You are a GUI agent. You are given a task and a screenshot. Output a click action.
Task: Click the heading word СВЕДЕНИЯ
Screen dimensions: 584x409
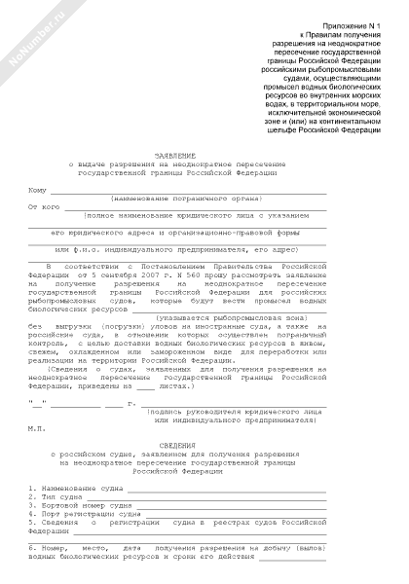pos(176,444)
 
